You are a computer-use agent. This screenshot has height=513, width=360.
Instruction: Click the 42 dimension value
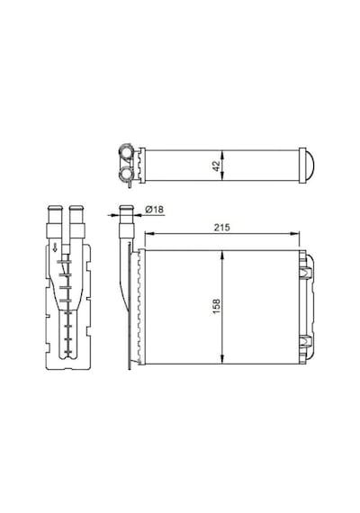point(216,166)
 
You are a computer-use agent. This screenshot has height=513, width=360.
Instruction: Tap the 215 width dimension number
point(222,227)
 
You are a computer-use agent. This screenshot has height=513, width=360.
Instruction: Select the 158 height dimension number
point(217,307)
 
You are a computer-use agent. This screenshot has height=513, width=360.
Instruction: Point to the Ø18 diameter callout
point(154,209)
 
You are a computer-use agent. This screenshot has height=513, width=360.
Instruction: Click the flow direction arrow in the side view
point(55,247)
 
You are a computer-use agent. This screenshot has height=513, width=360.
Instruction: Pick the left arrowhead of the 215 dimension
point(148,233)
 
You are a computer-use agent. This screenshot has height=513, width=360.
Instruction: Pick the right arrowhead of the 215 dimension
point(295,233)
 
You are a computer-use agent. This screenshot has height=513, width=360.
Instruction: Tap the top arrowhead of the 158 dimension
point(222,256)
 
